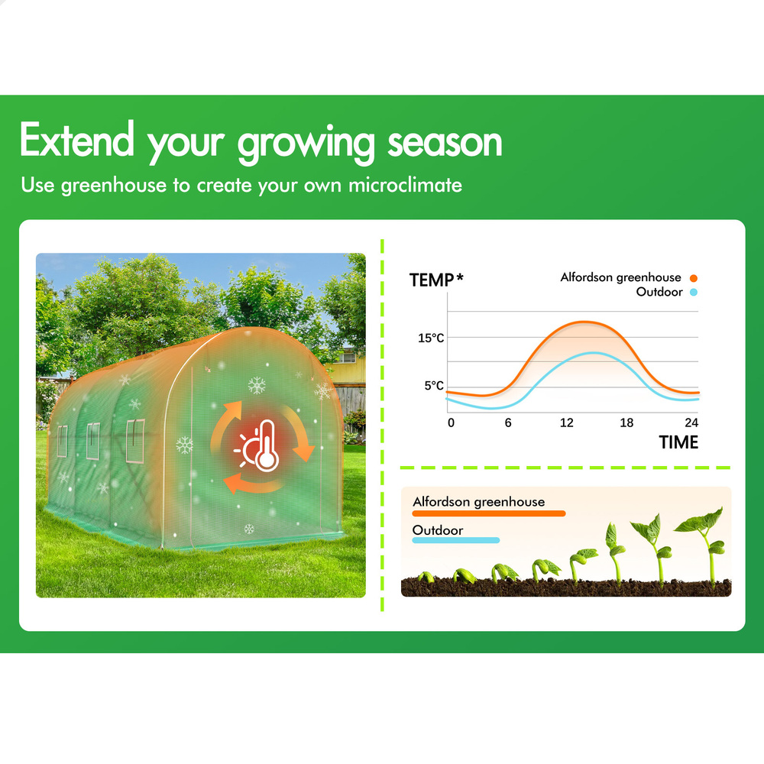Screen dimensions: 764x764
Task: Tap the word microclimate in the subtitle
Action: click(x=405, y=185)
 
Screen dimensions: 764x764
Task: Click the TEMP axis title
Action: click(x=436, y=280)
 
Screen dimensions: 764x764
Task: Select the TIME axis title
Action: click(x=678, y=442)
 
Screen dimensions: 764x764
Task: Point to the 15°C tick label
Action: click(x=431, y=338)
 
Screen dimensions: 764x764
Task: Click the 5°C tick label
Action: click(x=434, y=385)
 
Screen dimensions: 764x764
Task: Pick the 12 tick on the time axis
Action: click(x=566, y=422)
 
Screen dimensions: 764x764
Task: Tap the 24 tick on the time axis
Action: click(x=691, y=422)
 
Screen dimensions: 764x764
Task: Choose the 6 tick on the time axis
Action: click(x=508, y=422)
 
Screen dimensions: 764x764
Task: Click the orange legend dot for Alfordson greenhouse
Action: click(x=694, y=278)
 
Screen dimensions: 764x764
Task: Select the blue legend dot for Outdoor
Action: click(x=694, y=293)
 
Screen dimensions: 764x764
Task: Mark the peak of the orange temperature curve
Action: click(x=584, y=322)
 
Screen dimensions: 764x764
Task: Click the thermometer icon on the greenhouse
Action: click(x=266, y=446)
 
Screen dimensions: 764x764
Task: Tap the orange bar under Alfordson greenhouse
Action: click(x=489, y=513)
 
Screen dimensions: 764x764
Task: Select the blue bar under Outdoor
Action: click(x=456, y=540)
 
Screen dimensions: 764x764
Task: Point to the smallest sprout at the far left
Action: click(x=426, y=577)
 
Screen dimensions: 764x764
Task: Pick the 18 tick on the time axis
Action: click(x=626, y=422)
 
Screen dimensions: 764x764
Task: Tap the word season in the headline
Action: click(x=445, y=143)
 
